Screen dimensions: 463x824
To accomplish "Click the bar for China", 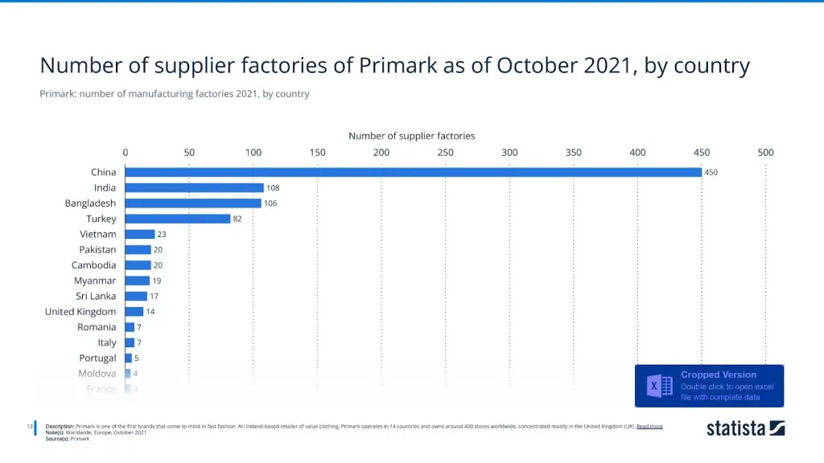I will (x=413, y=172).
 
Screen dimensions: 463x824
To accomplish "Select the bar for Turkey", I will (x=177, y=219).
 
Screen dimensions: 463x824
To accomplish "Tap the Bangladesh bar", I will (x=193, y=203).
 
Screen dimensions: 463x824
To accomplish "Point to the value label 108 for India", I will (x=273, y=188).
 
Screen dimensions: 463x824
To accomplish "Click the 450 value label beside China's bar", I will (x=711, y=172).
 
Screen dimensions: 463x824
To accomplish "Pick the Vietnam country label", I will (x=97, y=234).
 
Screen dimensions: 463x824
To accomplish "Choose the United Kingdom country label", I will (x=80, y=312).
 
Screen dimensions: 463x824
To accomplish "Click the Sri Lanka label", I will (x=96, y=296).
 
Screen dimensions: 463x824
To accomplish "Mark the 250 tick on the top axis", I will (x=445, y=152).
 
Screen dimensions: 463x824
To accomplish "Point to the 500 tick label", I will (x=765, y=152).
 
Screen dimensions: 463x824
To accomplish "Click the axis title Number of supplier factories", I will (x=411, y=136).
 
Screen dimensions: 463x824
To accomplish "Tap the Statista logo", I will (x=745, y=428).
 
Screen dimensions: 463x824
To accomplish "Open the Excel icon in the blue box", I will (x=660, y=386).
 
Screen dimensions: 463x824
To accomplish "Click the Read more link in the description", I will (x=649, y=426).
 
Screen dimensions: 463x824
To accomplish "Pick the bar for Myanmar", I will (x=137, y=281).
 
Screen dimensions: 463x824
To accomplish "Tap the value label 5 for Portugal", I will (x=137, y=359).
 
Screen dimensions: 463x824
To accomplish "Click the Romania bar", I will (x=130, y=327).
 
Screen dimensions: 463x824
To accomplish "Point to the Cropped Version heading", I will (x=719, y=375).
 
